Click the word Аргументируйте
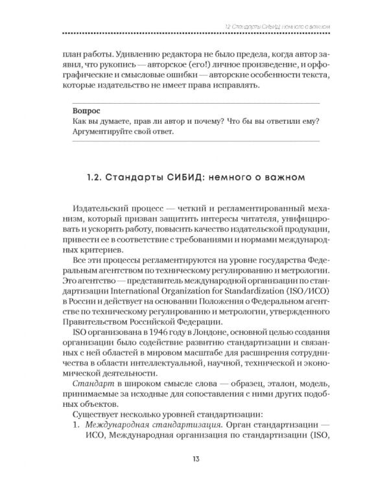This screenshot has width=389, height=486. pos(104,132)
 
